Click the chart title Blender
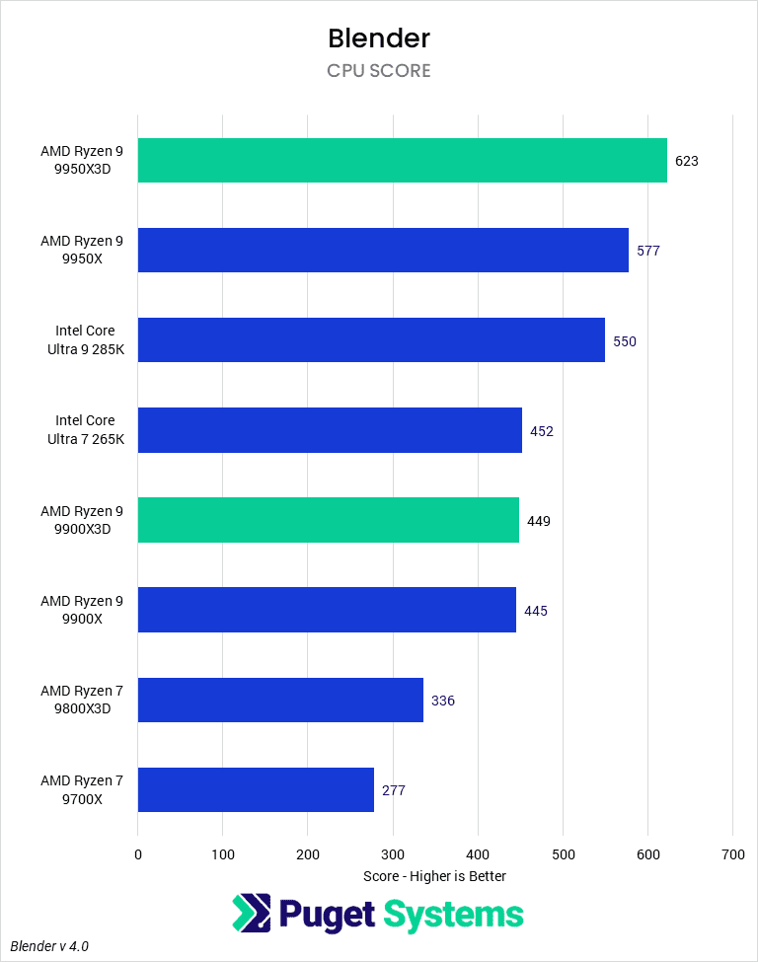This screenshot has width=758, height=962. coord(379,38)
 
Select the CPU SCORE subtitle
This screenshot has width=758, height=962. coord(379,71)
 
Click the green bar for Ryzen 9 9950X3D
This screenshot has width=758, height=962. coord(402,161)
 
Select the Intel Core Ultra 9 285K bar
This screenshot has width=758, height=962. coord(371,340)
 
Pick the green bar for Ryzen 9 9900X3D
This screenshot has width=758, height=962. coord(329,520)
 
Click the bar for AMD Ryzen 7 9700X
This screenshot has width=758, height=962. coord(256,789)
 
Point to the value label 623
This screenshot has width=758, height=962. coord(687,161)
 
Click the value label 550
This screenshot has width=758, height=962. coord(625,341)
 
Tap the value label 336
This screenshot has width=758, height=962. coord(443,701)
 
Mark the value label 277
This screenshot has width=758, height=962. coord(394,790)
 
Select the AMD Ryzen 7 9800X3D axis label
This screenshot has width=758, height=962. coord(82,700)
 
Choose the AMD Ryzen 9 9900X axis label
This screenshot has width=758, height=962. coord(82,610)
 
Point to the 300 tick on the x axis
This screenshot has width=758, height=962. coord(393,853)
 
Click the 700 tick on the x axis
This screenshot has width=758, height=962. coord(732,853)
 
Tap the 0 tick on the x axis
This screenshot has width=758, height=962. coord(138,853)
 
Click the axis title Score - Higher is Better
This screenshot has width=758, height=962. coord(434,876)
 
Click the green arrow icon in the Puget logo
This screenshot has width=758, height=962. coord(251,913)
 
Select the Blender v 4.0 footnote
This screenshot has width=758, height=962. coord(49,945)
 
